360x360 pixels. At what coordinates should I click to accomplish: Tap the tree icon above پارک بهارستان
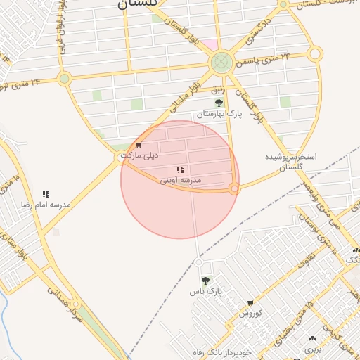click(219, 103)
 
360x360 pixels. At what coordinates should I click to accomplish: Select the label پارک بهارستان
click(219, 113)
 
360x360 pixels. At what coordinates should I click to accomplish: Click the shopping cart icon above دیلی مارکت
click(139, 145)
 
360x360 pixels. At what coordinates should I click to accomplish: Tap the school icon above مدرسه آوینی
click(180, 169)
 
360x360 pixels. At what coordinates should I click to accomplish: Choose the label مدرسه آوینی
click(181, 180)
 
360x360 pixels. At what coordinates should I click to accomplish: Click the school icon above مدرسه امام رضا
click(46, 194)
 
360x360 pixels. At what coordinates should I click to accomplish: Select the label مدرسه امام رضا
click(46, 204)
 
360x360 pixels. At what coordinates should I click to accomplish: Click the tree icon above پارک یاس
click(205, 281)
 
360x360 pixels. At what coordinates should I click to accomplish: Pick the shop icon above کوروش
click(250, 303)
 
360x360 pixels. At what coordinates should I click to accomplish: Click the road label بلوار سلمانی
click(184, 97)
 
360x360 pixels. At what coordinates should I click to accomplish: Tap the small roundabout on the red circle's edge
click(235, 188)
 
